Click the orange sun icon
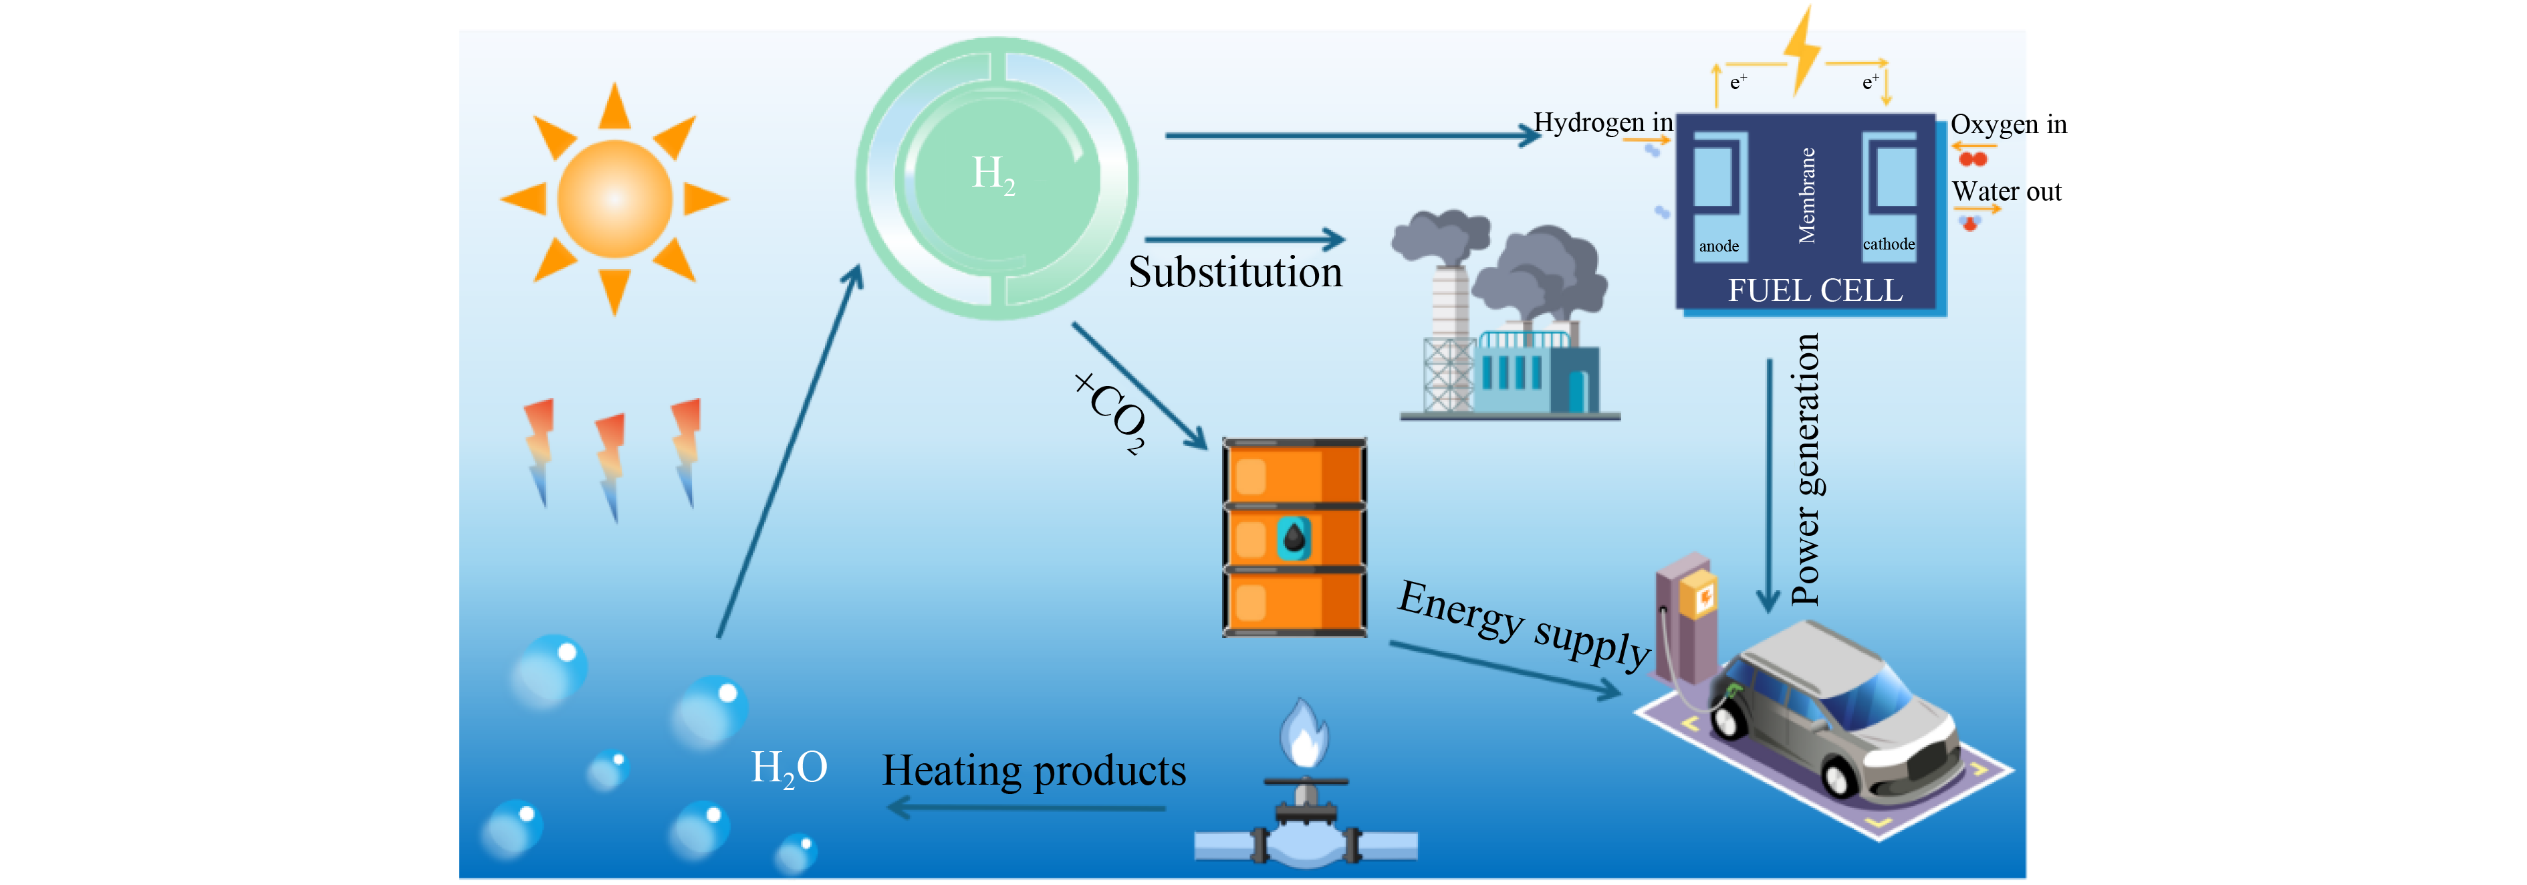click(614, 199)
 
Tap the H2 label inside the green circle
click(993, 175)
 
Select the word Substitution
click(1234, 272)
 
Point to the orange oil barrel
click(1294, 538)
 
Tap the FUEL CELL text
click(1815, 290)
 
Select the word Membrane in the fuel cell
click(1807, 195)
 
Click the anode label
click(1719, 246)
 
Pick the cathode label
click(1889, 244)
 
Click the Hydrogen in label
click(1603, 122)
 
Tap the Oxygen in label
click(2008, 124)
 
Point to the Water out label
click(2006, 191)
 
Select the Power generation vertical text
click(1805, 469)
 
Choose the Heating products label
click(1034, 770)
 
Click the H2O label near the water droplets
click(789, 767)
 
